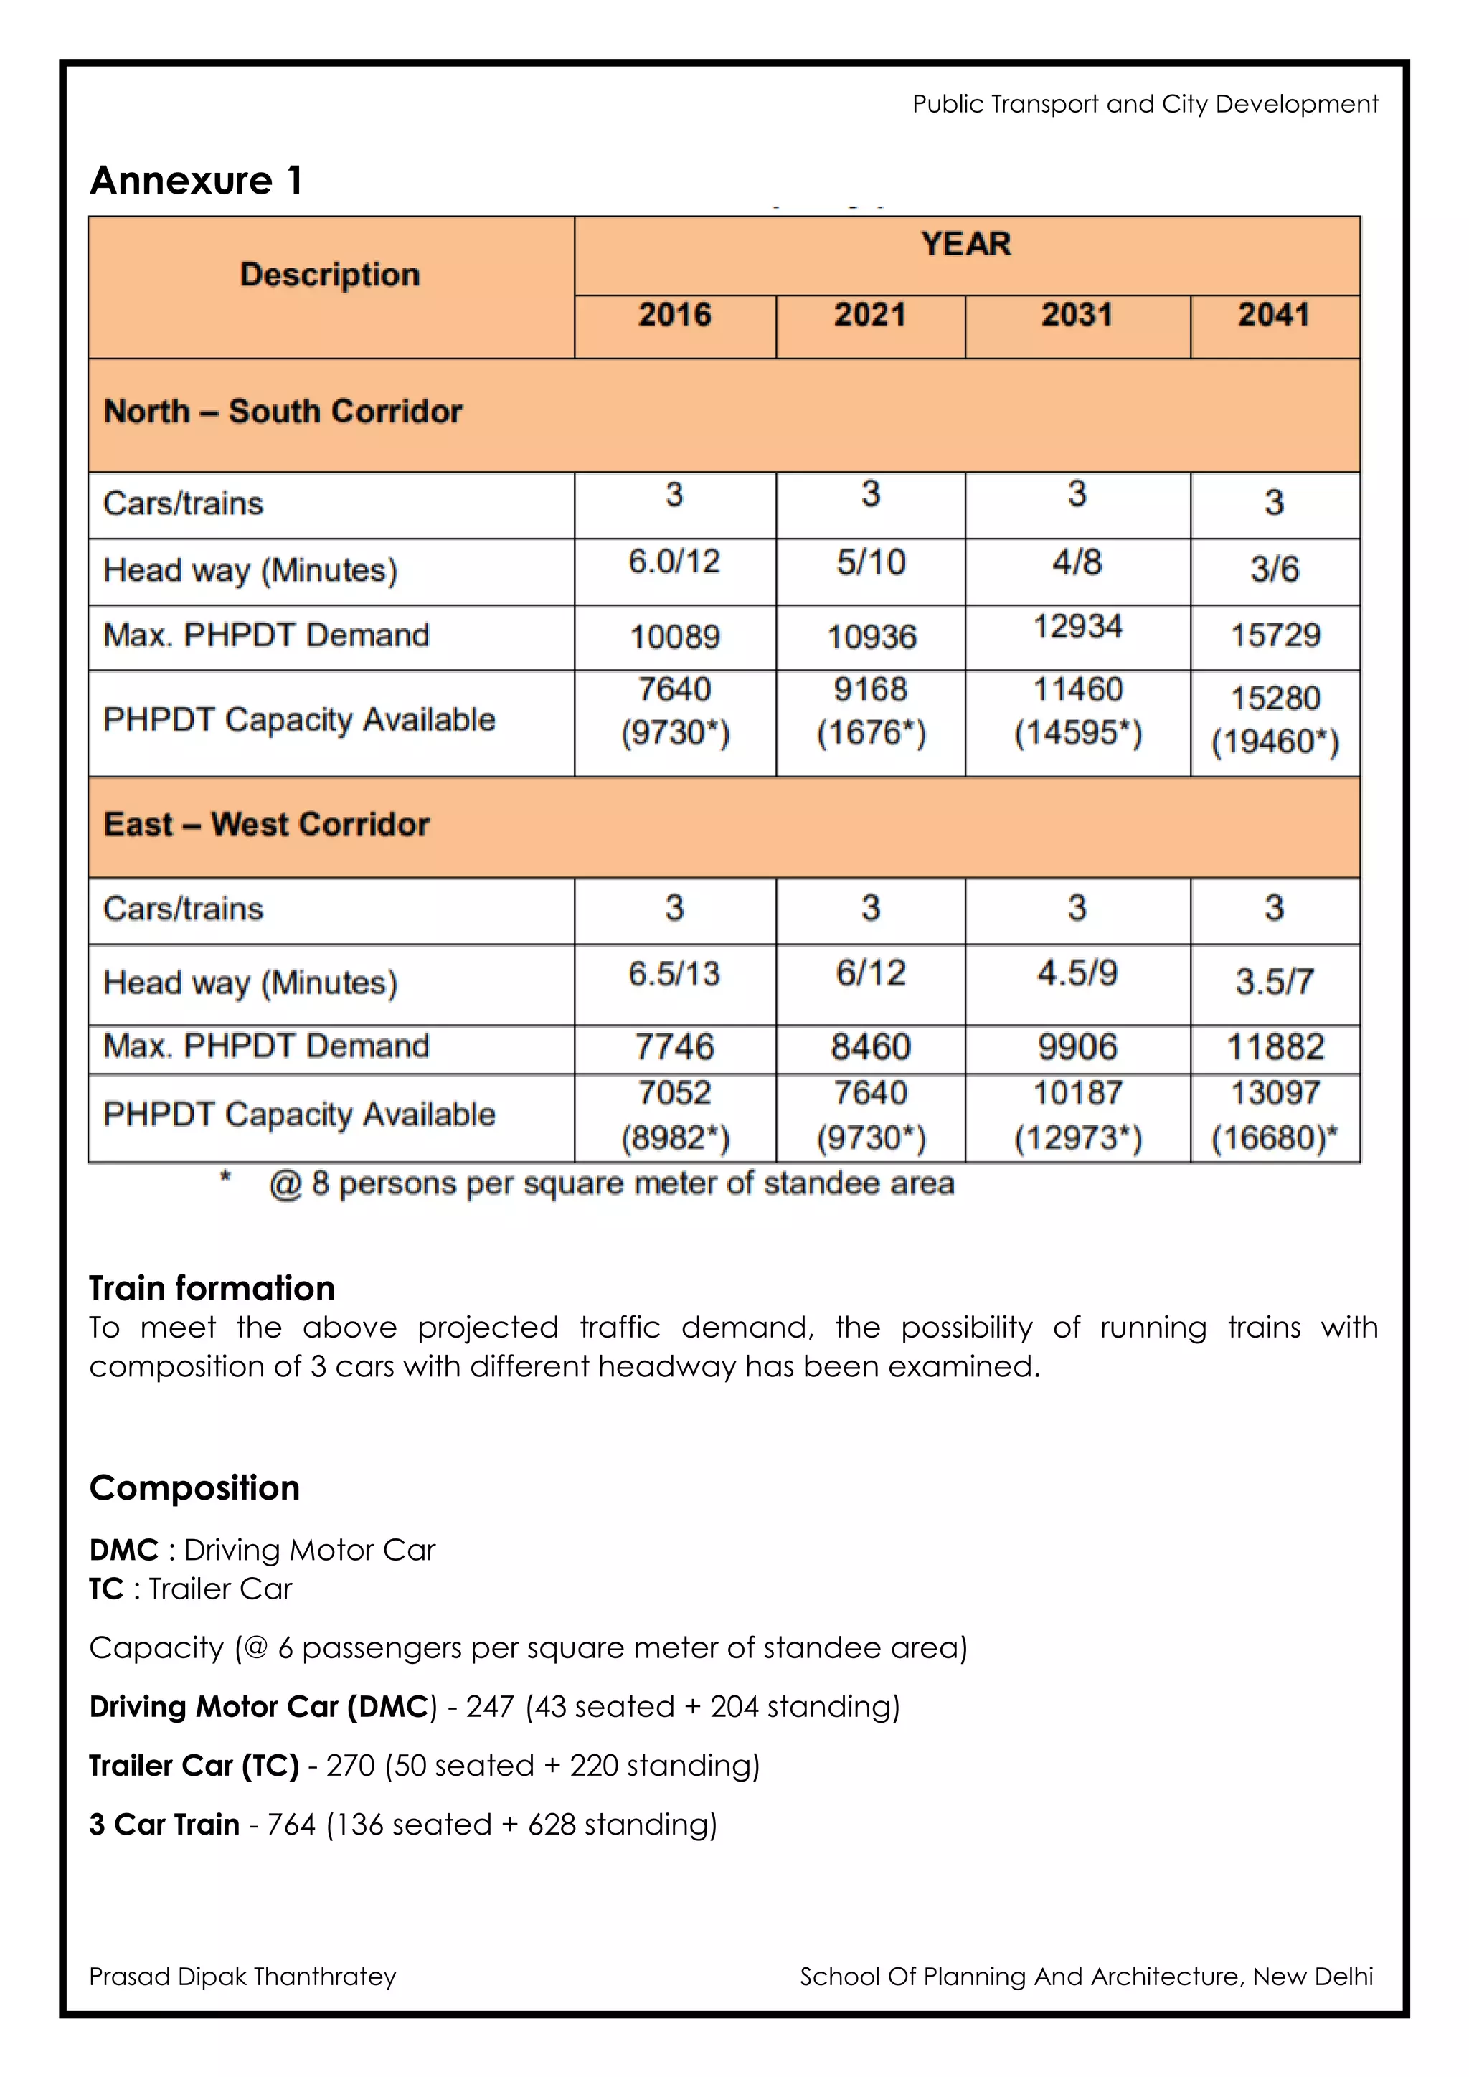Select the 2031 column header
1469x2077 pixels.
point(1077,315)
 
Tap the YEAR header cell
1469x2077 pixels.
point(966,245)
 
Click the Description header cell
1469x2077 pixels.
point(330,275)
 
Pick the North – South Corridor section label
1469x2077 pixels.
point(283,412)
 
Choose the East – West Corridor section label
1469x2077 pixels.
point(267,824)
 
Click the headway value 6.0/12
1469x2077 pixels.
point(674,562)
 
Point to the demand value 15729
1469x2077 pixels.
point(1275,635)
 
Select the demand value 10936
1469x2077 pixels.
point(870,637)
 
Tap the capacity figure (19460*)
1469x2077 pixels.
point(1275,742)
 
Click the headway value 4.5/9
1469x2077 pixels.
point(1077,973)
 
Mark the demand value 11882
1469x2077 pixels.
point(1275,1048)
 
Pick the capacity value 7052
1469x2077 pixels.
point(674,1093)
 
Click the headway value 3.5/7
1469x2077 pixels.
point(1275,982)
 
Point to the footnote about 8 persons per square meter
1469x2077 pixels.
point(611,1183)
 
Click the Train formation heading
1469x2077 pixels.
point(212,1287)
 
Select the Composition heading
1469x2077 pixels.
point(194,1488)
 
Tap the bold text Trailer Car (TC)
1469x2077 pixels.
point(194,1765)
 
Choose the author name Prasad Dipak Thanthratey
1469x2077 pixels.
point(242,1977)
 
